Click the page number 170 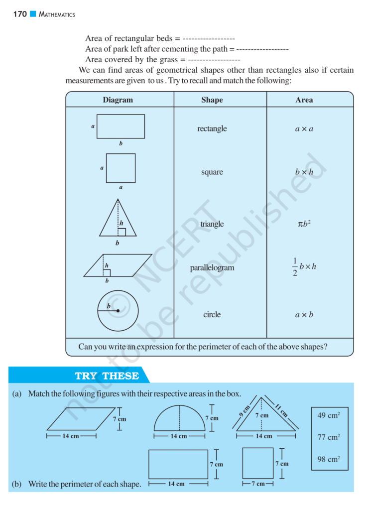tap(20, 14)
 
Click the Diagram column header tap(118, 100)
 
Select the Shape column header tap(212, 100)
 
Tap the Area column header tap(304, 100)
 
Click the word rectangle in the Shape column tap(212, 128)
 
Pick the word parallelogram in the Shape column tap(212, 268)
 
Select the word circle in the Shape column tap(212, 315)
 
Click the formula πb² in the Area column tap(304, 224)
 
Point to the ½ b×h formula tap(304, 267)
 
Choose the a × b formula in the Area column tap(304, 315)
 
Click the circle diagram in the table tap(118, 311)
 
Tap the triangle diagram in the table tap(118, 219)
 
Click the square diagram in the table tap(121, 168)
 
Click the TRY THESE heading tap(107, 376)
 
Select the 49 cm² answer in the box tap(329, 415)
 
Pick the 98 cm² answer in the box tap(329, 459)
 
